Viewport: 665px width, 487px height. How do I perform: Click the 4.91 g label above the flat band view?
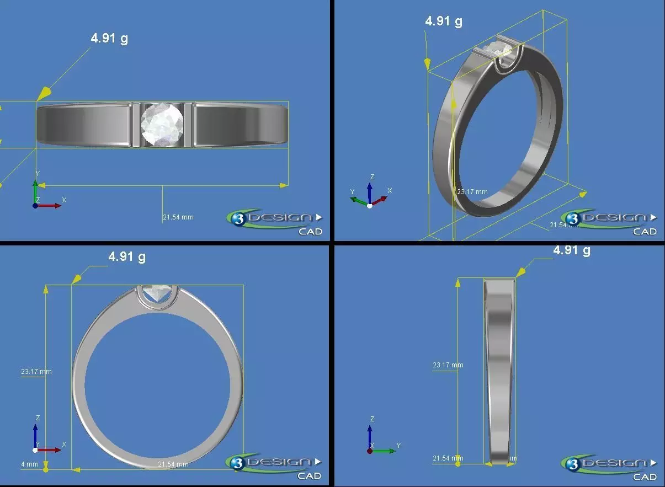point(109,39)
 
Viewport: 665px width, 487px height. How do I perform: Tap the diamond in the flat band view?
point(162,125)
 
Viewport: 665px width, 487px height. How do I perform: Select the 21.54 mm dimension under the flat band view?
point(178,217)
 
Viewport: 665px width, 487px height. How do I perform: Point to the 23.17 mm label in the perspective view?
point(472,192)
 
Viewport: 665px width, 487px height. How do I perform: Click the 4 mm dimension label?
point(30,464)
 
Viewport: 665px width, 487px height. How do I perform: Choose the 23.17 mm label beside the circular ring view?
point(36,372)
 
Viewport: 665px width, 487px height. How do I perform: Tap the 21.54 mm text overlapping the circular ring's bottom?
point(173,464)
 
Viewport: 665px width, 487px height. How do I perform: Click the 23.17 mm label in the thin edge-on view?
point(448,365)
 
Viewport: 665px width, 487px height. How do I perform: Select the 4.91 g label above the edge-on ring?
point(571,250)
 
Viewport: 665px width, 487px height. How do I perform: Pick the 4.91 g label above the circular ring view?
point(127,257)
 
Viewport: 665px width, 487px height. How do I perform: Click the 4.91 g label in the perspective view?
point(444,22)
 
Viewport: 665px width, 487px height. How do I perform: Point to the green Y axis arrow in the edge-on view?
point(386,451)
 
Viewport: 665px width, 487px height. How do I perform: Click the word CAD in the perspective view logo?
point(644,232)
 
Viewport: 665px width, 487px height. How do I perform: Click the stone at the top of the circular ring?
point(158,292)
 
